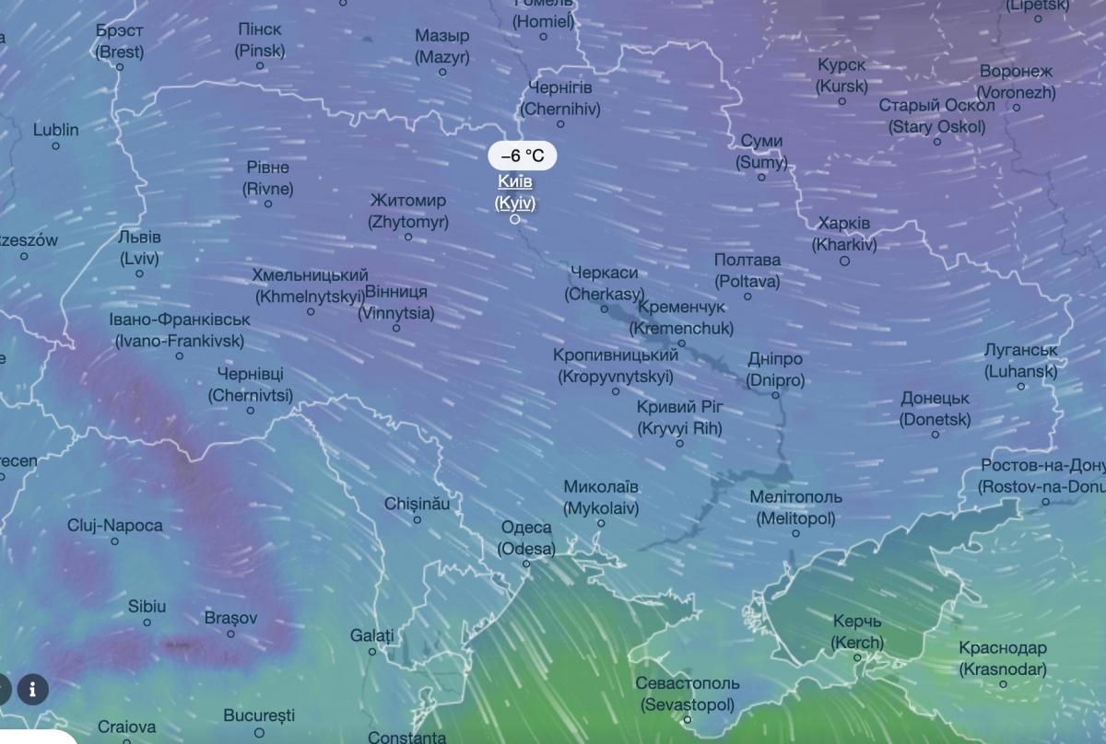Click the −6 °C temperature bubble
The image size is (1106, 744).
(522, 156)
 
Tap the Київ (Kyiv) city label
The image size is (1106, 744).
(515, 192)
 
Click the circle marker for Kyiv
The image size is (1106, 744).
(515, 219)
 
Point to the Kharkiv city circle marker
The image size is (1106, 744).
(844, 261)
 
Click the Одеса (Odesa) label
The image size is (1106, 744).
(526, 538)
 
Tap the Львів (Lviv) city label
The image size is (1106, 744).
(139, 248)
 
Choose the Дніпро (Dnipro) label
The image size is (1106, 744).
(775, 369)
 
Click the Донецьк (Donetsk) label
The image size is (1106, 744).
(935, 409)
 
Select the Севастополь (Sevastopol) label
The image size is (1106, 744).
(688, 694)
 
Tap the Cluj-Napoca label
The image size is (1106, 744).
(114, 526)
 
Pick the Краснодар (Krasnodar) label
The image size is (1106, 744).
(1003, 658)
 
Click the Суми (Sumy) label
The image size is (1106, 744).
(761, 151)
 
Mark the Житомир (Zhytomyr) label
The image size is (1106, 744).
(408, 211)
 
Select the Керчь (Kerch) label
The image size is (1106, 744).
(857, 632)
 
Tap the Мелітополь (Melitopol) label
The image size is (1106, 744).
(795, 507)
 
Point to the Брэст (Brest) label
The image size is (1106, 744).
(120, 41)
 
